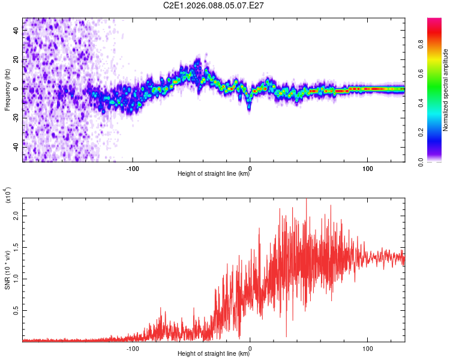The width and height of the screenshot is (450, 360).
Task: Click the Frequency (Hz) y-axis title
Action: click(7, 90)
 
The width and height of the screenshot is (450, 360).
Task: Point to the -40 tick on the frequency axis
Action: click(16, 146)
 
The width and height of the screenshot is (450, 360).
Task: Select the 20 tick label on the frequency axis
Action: click(16, 60)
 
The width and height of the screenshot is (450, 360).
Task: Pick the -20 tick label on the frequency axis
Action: click(16, 118)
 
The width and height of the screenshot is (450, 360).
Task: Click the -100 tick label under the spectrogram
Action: click(133, 168)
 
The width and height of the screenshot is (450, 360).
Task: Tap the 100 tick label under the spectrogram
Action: click(367, 168)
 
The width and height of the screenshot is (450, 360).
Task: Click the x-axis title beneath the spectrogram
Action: click(214, 175)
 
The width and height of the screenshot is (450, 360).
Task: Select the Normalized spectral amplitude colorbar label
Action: click(446, 90)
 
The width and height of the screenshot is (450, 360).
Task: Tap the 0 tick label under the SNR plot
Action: click(250, 347)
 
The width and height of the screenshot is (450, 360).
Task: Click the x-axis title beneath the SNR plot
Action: click(214, 354)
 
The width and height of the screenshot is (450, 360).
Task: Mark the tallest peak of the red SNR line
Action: click(307, 199)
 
